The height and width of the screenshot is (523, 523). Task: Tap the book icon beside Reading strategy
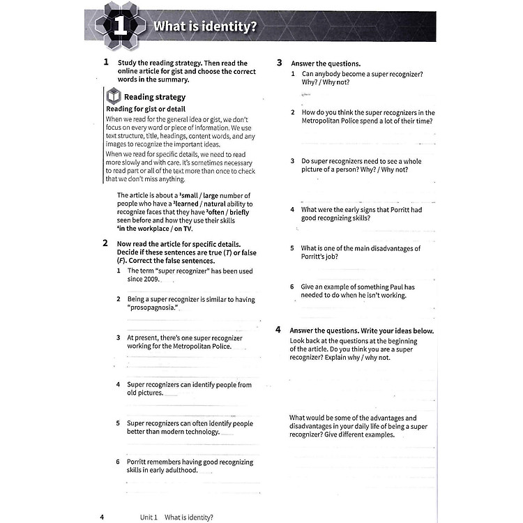pyautogui.click(x=112, y=97)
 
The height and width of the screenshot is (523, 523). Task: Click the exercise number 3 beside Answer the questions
pyautogui.click(x=279, y=63)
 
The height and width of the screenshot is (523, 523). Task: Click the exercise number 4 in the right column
pyautogui.click(x=279, y=330)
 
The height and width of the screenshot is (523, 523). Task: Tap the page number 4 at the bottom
pyautogui.click(x=102, y=517)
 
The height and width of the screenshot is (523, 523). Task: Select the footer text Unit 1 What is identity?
pyautogui.click(x=176, y=517)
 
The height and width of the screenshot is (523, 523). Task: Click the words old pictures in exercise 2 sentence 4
pyautogui.click(x=144, y=393)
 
